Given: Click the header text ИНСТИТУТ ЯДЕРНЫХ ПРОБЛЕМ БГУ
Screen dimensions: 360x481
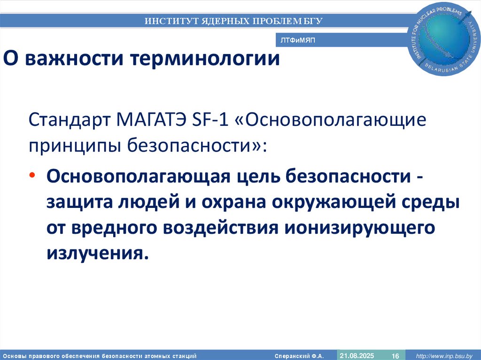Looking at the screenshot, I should click(233, 21).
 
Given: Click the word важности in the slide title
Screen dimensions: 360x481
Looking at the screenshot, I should click(73, 59).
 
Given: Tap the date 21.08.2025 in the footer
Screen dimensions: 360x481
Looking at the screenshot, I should click(357, 356).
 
